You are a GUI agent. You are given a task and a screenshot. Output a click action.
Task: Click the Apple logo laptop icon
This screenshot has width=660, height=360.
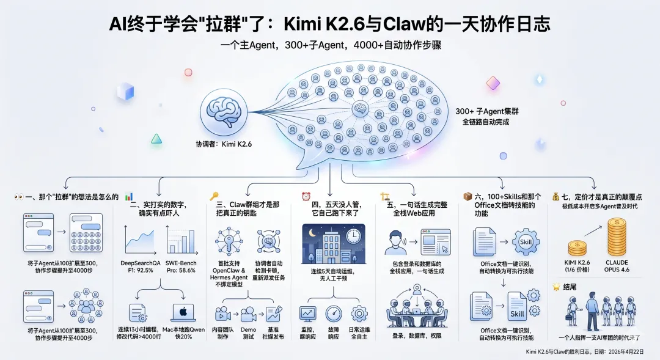coord(183,314)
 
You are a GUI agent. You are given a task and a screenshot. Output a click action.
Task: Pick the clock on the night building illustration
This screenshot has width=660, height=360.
coord(353,235)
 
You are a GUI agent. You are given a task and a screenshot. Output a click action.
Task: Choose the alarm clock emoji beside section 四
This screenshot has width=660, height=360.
coord(306,196)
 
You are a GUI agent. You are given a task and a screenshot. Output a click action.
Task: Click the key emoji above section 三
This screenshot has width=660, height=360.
coord(214,197)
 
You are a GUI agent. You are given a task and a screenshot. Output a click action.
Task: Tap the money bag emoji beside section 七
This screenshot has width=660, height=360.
coord(555,196)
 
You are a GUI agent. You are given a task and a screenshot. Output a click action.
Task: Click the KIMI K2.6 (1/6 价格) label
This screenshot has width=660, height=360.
coord(577,266)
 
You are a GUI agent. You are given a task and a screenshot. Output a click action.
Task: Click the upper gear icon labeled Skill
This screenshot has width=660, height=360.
coord(526,241)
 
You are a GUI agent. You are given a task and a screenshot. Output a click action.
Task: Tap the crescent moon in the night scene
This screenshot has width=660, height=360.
coord(312,233)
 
